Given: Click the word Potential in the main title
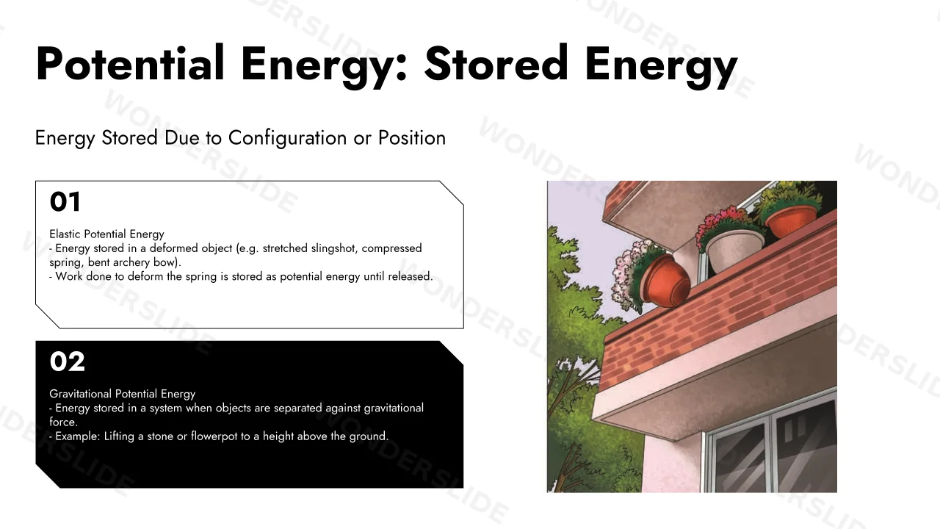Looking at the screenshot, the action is pyautogui.click(x=130, y=63).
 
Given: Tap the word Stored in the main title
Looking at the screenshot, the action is pyautogui.click(x=496, y=63).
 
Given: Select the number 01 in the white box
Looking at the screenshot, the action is pyautogui.click(x=65, y=201).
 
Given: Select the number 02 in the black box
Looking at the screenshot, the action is pyautogui.click(x=67, y=361).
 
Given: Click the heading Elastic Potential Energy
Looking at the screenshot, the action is pyautogui.click(x=106, y=234).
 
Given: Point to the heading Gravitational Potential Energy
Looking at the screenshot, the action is pyautogui.click(x=122, y=394).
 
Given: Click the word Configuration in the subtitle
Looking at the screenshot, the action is pyautogui.click(x=287, y=138).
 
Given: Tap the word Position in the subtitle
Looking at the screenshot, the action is pyautogui.click(x=412, y=137).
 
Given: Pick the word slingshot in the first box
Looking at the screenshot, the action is pyautogui.click(x=333, y=248).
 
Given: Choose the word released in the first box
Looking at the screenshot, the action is pyautogui.click(x=410, y=276).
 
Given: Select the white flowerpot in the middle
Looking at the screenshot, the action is pyautogui.click(x=734, y=249).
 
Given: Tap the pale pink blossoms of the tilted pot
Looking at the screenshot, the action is pyautogui.click(x=629, y=275).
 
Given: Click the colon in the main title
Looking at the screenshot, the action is pyautogui.click(x=401, y=69).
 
